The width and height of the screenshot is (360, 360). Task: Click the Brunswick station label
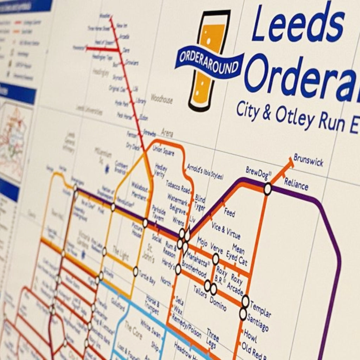coord(308,160)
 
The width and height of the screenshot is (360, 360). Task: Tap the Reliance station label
coord(296,184)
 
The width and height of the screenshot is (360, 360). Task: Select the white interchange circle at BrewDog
coord(268,189)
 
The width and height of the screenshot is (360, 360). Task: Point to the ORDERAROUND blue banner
coord(210,60)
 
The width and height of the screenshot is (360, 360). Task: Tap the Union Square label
coord(163,150)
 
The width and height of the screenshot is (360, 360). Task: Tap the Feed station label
coord(230,212)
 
